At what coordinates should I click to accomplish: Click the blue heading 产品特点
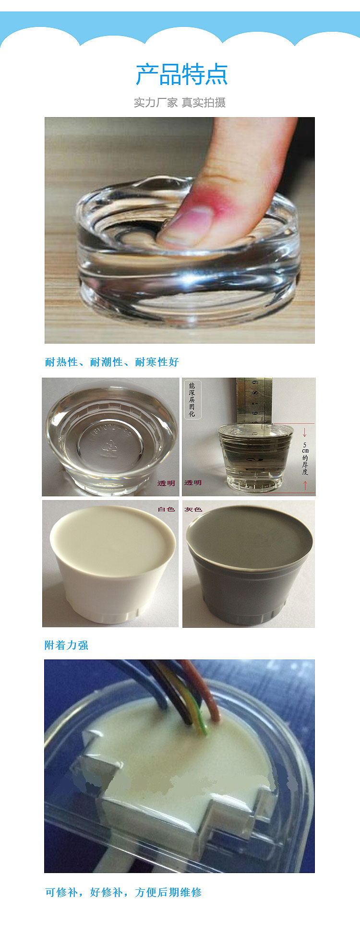[181, 74]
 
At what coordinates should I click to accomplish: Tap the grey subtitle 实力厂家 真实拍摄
[180, 102]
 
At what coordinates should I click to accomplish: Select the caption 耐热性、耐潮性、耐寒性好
[112, 362]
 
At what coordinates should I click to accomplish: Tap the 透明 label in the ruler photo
[193, 483]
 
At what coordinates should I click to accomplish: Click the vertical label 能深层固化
[192, 399]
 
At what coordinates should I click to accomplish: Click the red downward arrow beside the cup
[305, 433]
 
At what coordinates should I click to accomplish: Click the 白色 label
[166, 509]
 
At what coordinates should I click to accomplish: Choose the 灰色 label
[193, 509]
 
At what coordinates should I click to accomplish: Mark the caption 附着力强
[66, 645]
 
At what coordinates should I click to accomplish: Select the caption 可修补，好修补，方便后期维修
[123, 892]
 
